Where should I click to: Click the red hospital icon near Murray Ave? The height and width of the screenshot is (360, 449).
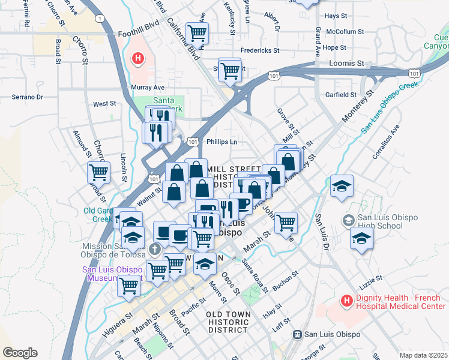(x=138, y=59)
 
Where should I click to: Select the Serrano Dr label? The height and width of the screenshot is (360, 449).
(x=28, y=97)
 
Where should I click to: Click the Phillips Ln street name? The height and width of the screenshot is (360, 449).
(x=221, y=142)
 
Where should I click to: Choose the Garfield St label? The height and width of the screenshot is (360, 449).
(x=341, y=95)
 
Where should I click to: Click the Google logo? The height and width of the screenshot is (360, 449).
(x=20, y=353)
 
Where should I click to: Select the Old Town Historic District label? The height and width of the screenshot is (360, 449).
(x=227, y=322)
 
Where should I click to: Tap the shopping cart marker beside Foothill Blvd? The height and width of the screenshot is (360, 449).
(x=196, y=34)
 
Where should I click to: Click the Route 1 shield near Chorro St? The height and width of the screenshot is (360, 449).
(x=98, y=19)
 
